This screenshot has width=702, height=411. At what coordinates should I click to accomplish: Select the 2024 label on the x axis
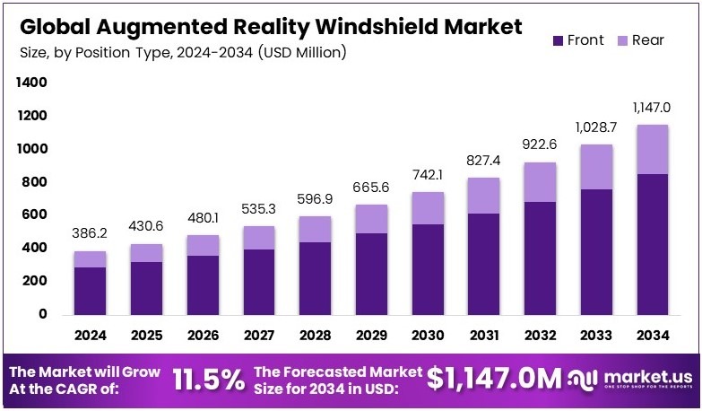90,335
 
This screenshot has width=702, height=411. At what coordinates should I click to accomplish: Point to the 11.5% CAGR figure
208,379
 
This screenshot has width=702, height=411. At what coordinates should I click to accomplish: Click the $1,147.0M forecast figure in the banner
496,379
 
